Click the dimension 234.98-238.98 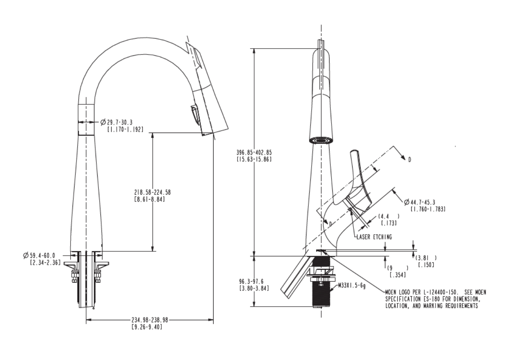click(x=150, y=320)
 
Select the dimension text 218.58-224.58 click(x=152, y=192)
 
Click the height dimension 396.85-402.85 click(x=254, y=153)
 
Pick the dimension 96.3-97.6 click(x=251, y=282)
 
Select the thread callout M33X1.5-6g click(x=352, y=286)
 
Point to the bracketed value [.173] click(x=389, y=223)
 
